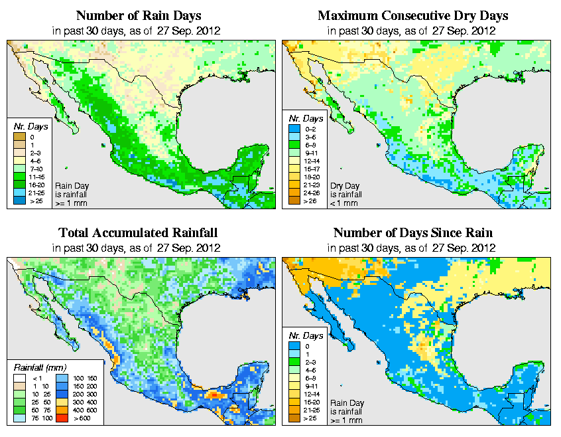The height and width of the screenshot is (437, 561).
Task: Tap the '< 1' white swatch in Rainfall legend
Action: click(x=20, y=379)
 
